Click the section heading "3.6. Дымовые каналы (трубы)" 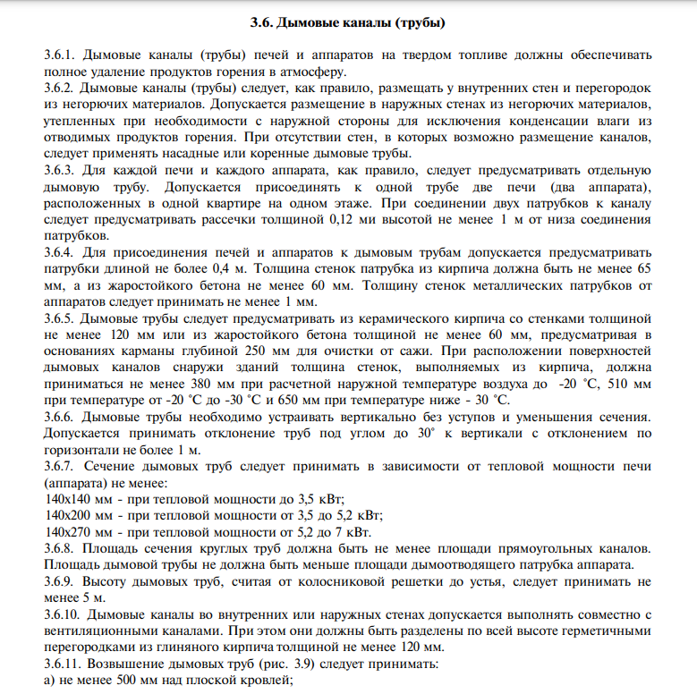click(x=349, y=21)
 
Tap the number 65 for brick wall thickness click(x=643, y=268)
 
